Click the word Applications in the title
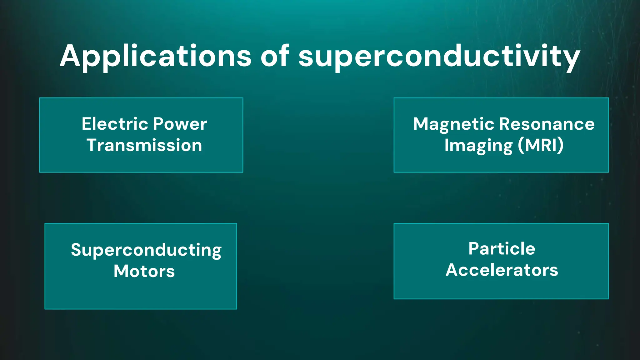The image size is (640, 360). tap(155, 56)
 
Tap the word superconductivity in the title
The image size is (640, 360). tap(439, 56)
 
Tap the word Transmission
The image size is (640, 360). tap(144, 145)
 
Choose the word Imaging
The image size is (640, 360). tap(478, 146)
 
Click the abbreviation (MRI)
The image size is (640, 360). tap(541, 145)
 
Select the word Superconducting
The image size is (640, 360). tap(146, 250)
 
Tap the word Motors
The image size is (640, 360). tap(144, 271)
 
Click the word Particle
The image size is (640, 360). tap(502, 249)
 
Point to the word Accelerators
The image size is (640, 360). tap(502, 270)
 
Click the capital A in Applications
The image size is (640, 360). tap(70, 56)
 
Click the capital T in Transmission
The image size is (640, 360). tap(92, 145)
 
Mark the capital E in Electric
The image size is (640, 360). tap(86, 124)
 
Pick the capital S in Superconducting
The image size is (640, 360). tap(76, 250)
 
